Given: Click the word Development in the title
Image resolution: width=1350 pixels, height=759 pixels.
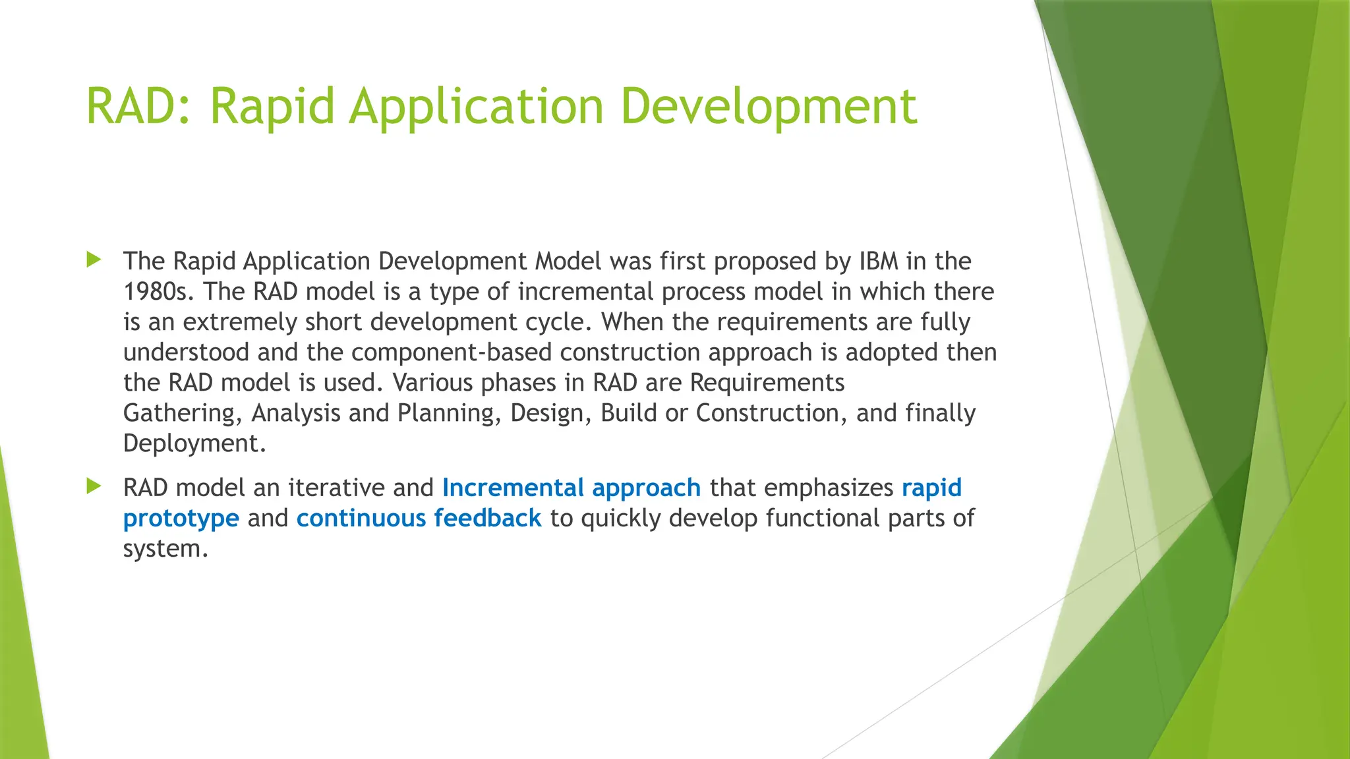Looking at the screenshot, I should tap(769, 106).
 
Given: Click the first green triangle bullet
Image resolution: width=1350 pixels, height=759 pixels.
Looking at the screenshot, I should tap(94, 260).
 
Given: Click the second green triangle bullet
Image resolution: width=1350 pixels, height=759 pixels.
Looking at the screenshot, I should tap(94, 487).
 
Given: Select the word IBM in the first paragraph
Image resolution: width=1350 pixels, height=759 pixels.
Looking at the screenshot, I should tap(879, 262).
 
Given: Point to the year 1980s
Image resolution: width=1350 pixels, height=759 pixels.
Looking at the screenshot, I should tap(158, 292).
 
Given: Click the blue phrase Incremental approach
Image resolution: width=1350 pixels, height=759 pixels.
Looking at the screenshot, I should tap(571, 488).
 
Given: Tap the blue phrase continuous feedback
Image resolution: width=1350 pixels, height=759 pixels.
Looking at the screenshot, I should tap(419, 519).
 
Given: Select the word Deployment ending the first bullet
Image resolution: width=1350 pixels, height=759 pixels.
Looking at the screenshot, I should tap(194, 443).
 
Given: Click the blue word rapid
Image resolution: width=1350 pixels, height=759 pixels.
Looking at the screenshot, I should tap(931, 488).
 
